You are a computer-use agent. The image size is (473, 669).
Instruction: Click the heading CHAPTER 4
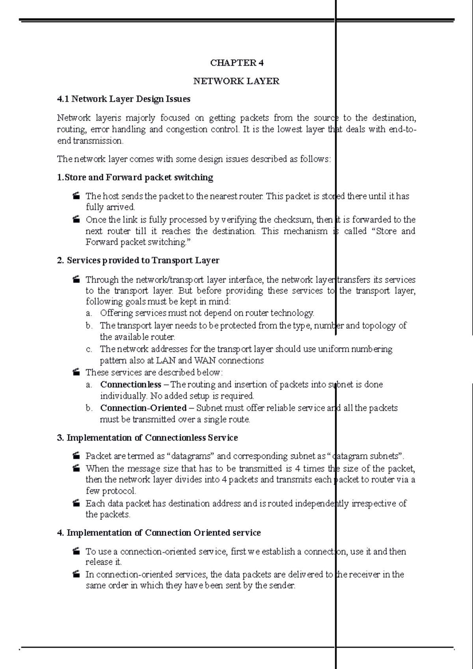click(236, 63)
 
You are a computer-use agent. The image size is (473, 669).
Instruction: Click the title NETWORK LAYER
click(236, 81)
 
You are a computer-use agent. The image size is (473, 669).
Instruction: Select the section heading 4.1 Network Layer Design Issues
click(124, 99)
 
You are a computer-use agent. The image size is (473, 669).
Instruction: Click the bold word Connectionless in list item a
click(130, 385)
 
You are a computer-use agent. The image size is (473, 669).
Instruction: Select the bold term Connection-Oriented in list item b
click(143, 408)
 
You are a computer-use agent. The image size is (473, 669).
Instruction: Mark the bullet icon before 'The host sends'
click(76, 196)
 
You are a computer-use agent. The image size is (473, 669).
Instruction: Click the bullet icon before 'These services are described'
click(76, 372)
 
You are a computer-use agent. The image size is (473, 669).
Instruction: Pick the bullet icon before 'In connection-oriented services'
click(76, 574)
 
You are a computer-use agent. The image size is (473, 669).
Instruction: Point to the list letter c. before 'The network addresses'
click(89, 349)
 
